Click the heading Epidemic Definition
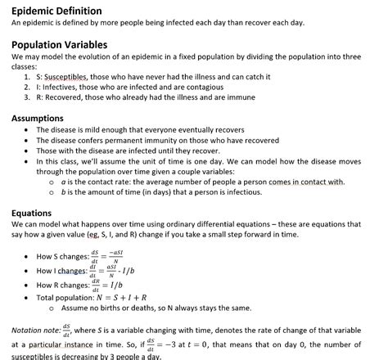(x=56, y=11)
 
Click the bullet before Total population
(x=28, y=298)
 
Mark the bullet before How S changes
(x=28, y=257)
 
